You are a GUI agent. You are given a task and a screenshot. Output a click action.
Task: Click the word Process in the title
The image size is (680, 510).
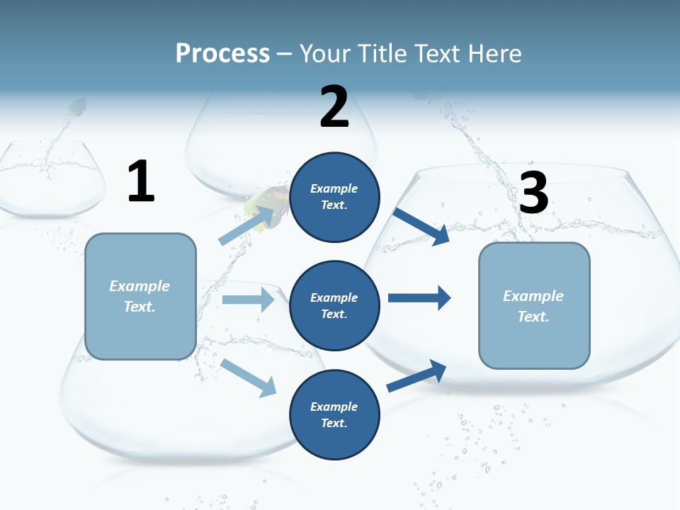(x=222, y=53)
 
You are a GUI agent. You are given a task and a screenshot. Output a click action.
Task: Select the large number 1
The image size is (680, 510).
(x=141, y=182)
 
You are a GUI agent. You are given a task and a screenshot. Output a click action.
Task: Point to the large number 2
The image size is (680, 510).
(x=334, y=107)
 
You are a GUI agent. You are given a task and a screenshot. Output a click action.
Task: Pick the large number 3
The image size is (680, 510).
(x=533, y=193)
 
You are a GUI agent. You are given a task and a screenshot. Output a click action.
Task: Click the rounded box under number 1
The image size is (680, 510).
(x=140, y=296)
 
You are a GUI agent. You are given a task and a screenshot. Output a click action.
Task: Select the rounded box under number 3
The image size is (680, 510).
(x=534, y=305)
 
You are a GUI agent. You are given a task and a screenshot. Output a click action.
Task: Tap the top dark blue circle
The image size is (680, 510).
(x=335, y=197)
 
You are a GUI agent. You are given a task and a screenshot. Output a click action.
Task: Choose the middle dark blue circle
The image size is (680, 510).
(x=335, y=305)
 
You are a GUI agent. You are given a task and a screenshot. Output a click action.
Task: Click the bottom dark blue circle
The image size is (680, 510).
(x=335, y=414)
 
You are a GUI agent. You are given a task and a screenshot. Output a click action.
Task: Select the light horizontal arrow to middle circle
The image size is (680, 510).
(x=248, y=300)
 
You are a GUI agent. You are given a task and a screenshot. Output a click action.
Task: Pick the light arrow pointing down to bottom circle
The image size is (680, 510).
(x=248, y=377)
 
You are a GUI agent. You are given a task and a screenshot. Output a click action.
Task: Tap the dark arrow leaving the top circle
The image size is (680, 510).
(x=421, y=225)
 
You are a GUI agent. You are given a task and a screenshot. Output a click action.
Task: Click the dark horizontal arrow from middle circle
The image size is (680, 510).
(x=419, y=297)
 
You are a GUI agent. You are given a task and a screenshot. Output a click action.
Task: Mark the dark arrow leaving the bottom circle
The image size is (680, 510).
(x=416, y=375)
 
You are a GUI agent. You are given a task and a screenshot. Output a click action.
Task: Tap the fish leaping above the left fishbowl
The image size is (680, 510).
(x=76, y=108)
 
